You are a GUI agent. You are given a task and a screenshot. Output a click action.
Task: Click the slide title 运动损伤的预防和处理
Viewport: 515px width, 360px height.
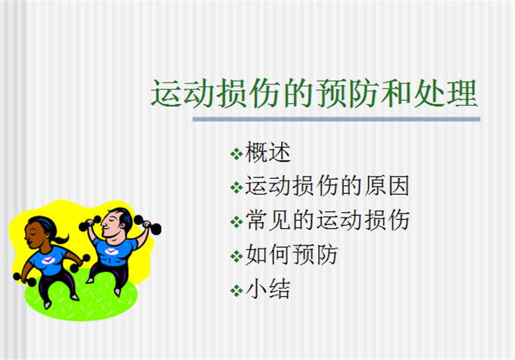pos(314,93)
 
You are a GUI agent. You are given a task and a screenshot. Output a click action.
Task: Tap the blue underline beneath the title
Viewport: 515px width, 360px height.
pos(336,119)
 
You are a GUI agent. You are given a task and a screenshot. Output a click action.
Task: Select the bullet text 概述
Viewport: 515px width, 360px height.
pos(268,152)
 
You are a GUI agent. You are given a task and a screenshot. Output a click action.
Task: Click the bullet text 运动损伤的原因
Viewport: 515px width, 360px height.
pos(327,186)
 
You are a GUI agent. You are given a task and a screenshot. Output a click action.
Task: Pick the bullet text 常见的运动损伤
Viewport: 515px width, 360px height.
pos(327,220)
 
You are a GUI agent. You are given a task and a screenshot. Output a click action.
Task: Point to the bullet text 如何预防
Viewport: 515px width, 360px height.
pos(292,254)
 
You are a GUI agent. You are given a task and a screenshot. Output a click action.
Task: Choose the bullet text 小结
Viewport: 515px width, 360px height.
pos(268,289)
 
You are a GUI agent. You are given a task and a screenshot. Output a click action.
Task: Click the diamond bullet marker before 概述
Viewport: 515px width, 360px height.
pos(236,154)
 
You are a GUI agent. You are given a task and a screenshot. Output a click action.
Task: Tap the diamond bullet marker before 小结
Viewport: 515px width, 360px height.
pos(236,290)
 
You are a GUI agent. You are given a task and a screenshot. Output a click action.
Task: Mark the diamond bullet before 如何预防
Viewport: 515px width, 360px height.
pos(236,256)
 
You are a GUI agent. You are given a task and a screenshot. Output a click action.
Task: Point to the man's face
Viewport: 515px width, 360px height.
pos(109,224)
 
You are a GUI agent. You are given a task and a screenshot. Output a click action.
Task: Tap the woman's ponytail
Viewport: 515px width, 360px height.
pos(61,239)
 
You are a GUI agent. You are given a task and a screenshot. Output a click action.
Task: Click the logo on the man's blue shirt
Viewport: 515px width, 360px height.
pos(111,251)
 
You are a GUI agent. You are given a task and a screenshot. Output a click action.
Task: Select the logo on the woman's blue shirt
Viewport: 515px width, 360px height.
pos(48,260)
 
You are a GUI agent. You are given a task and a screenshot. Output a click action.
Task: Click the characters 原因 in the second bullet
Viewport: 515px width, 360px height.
pos(386,186)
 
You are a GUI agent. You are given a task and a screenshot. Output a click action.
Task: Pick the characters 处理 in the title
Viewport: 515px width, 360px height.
pos(445,93)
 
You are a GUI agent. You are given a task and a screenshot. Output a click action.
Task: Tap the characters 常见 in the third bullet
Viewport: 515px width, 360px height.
pos(268,220)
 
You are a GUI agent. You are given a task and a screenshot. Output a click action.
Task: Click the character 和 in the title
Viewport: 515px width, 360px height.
pos(395,93)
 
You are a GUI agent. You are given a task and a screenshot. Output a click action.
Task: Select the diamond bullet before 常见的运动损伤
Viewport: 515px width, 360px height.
pos(236,221)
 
